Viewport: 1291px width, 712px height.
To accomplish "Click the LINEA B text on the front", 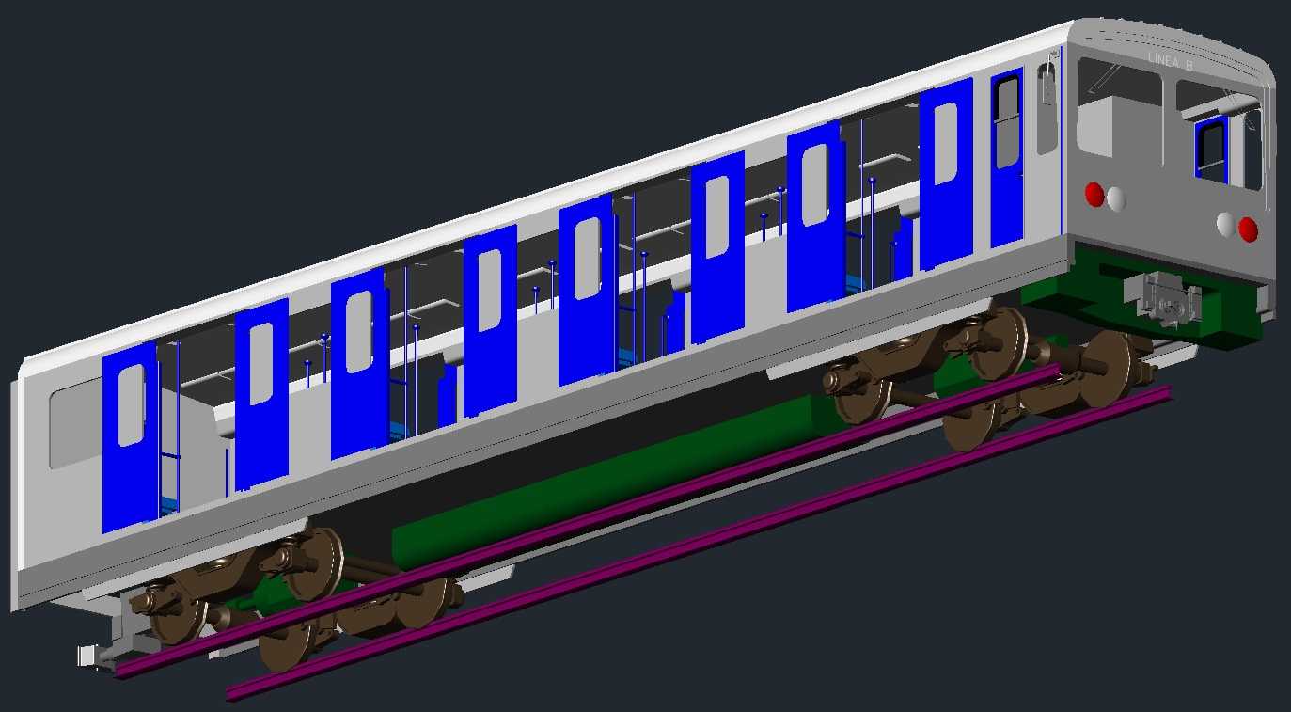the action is point(1171,62).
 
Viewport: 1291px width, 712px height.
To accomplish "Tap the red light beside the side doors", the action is point(1094,195).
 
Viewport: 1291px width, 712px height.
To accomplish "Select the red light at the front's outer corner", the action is point(1249,229).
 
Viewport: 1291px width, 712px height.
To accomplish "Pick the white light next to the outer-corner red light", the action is point(1226,224).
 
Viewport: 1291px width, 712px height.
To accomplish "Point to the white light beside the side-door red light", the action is point(1116,198).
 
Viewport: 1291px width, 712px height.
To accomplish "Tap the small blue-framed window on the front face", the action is point(1211,149).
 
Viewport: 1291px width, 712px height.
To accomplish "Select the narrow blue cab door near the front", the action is point(1007,157).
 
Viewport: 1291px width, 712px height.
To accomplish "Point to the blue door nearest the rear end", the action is point(131,437).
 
